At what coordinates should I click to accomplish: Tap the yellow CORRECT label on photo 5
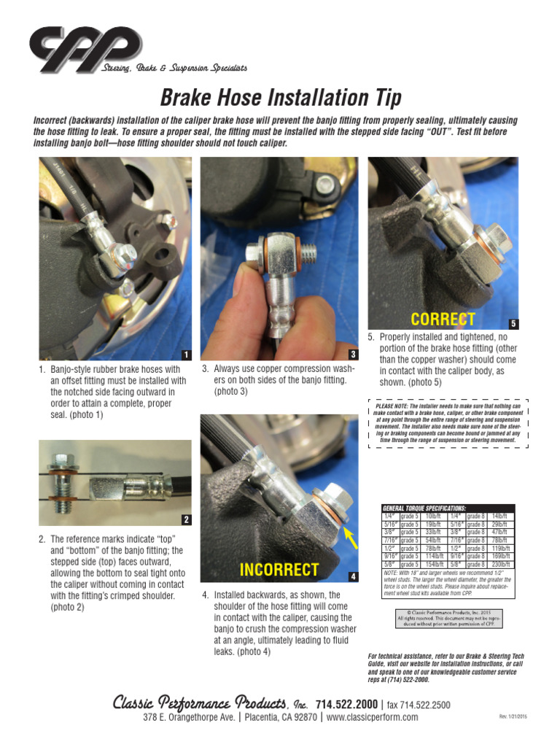click(x=443, y=319)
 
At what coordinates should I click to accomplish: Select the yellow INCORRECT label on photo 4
click(x=279, y=570)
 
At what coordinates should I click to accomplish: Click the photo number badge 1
click(x=187, y=355)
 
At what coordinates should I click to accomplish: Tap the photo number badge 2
click(x=187, y=519)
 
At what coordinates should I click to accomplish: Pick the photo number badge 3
click(x=353, y=355)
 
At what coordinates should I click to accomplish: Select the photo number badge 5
click(x=513, y=323)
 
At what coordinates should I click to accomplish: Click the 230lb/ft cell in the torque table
click(x=502, y=564)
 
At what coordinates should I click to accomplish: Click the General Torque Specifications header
click(x=424, y=508)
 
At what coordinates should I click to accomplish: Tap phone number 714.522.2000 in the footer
click(x=346, y=705)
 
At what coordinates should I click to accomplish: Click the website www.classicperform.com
click(x=372, y=717)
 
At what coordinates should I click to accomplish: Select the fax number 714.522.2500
click(x=418, y=705)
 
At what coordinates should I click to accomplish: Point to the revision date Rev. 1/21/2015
click(x=513, y=717)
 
